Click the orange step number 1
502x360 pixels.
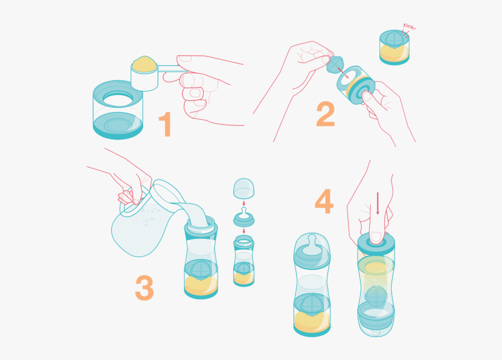pos(165,124)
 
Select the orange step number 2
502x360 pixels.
pos(325,114)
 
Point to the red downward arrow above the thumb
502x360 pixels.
pos(378,204)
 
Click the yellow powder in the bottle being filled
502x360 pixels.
pos(200,284)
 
